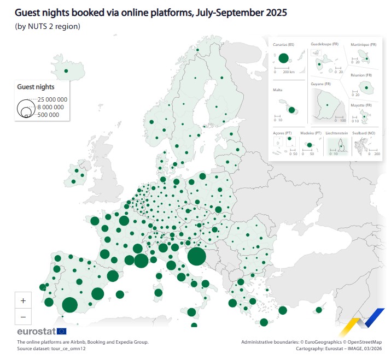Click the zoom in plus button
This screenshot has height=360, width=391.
point(23,300)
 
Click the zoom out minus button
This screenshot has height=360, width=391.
point(23,317)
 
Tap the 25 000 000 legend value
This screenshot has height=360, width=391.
point(52,99)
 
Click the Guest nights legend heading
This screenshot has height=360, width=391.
point(36,86)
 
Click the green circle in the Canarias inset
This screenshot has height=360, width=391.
point(283,58)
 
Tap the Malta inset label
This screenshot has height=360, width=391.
point(278,90)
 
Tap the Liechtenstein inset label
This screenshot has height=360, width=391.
point(338,133)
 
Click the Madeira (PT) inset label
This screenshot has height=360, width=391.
point(310,133)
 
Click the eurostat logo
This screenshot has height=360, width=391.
point(42,331)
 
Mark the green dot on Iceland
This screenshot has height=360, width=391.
point(66,70)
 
